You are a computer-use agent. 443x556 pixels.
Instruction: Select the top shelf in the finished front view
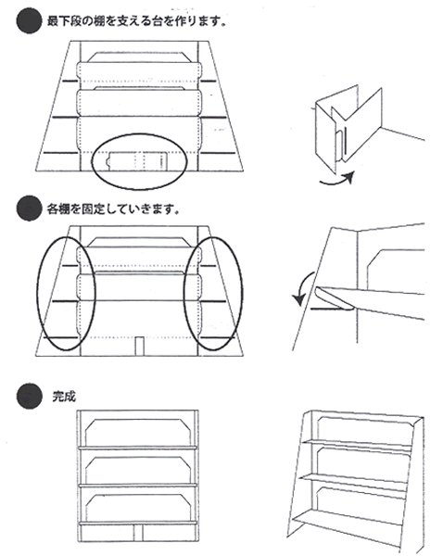138,448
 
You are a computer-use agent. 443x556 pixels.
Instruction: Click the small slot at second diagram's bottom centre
138,345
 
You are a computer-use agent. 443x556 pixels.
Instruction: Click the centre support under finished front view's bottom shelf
138,532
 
